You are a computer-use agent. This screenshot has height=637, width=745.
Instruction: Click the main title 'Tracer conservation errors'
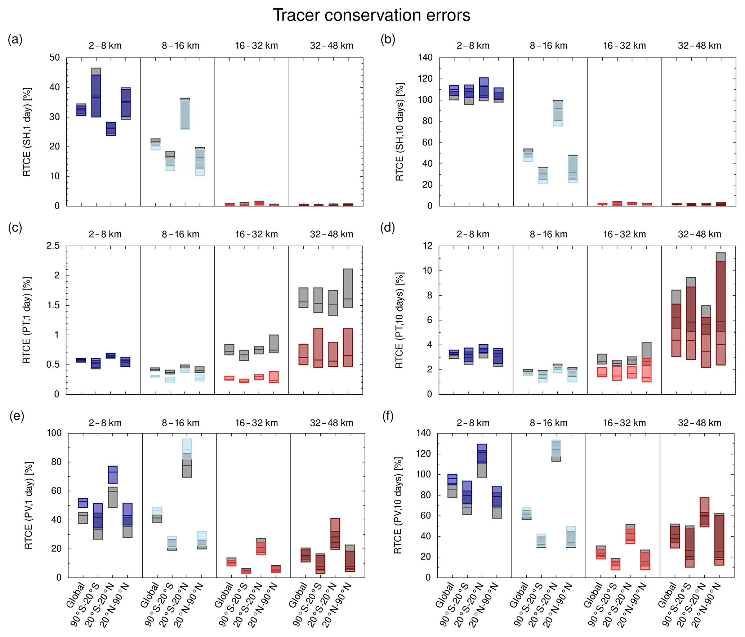371,15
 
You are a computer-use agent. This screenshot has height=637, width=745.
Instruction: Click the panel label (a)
15,39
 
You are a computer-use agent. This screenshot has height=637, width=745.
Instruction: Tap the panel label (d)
388,228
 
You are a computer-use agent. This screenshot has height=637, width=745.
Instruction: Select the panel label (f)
388,416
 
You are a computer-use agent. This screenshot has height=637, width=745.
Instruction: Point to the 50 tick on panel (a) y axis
54,58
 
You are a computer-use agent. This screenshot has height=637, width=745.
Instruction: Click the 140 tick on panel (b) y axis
425,58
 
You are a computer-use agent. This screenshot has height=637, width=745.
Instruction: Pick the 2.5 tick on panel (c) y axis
53,246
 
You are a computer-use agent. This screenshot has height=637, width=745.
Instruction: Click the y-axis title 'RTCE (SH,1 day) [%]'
27,132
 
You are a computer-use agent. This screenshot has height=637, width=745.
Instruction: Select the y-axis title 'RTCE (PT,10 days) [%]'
399,320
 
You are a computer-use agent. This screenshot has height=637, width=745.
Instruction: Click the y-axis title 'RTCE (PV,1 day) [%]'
28,506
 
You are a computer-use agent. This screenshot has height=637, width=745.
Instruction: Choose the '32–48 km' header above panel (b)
699,46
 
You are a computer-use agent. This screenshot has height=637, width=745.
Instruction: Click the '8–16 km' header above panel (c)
180,234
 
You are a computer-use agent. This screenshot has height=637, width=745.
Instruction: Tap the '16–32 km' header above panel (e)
256,423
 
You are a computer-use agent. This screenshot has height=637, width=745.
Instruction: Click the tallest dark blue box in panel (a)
96,96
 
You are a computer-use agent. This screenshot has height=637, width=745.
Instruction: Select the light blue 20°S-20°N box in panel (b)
558,114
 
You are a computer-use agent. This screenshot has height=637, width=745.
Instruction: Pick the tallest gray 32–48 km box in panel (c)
348,288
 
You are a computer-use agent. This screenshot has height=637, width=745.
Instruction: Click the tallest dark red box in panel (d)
721,313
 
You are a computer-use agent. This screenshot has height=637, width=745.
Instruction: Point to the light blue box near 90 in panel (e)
187,449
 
